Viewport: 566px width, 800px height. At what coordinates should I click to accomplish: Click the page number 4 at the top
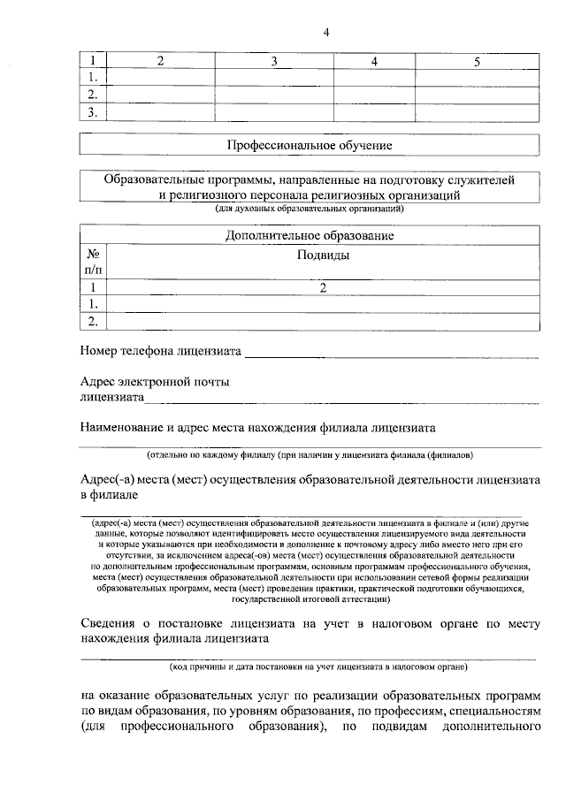[326, 33]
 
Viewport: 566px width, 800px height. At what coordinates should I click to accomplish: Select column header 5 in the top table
[477, 61]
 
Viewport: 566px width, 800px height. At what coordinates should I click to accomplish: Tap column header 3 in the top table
[274, 61]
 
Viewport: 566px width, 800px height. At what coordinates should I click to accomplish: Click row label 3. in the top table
[92, 111]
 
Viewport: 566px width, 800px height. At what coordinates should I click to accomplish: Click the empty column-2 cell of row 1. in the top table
[160, 78]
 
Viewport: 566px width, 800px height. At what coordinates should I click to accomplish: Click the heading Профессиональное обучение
[310, 144]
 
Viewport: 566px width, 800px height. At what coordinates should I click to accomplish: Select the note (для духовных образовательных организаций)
[310, 210]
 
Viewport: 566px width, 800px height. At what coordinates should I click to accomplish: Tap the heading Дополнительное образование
[310, 236]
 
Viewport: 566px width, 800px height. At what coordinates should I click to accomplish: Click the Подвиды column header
[322, 255]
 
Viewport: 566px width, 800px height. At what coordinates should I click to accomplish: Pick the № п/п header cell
[92, 261]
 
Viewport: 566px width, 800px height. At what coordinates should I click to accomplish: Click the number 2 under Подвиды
[323, 287]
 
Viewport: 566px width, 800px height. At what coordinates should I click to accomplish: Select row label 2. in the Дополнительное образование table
[92, 320]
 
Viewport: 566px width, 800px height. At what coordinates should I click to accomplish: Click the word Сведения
[110, 622]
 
